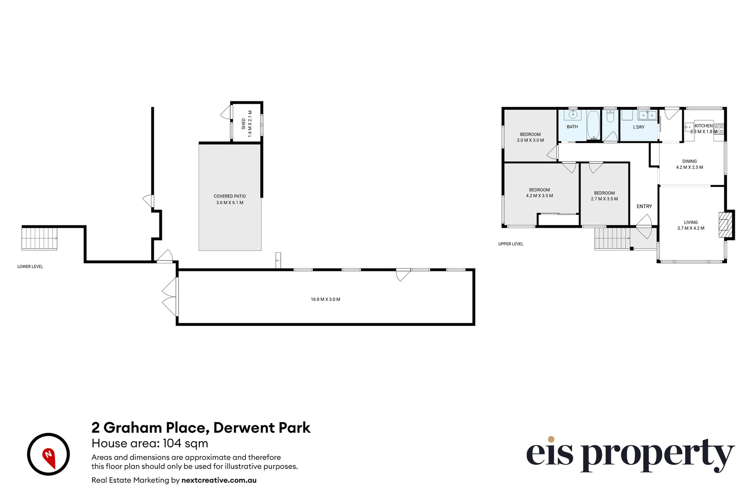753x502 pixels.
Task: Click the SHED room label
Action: (x=244, y=124)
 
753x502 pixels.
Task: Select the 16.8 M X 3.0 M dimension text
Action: (x=325, y=299)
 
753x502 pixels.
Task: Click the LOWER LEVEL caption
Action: (x=30, y=267)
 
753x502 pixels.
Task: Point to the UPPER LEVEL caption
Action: (x=510, y=244)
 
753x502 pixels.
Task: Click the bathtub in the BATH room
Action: (x=593, y=125)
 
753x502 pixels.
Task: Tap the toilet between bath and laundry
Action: (x=610, y=116)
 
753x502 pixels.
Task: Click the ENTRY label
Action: (x=644, y=206)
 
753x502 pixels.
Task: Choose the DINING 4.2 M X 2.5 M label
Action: (x=689, y=165)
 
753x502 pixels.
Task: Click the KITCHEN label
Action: (x=703, y=126)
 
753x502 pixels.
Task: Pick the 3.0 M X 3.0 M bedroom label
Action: (x=530, y=137)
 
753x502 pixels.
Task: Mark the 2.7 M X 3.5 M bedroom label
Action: (x=604, y=196)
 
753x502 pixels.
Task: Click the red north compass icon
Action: (x=48, y=454)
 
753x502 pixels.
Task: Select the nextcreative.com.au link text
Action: (x=218, y=480)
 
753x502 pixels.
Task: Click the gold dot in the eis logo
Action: (x=551, y=439)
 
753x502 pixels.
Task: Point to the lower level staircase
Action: (x=40, y=238)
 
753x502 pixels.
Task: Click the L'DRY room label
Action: (x=639, y=127)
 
